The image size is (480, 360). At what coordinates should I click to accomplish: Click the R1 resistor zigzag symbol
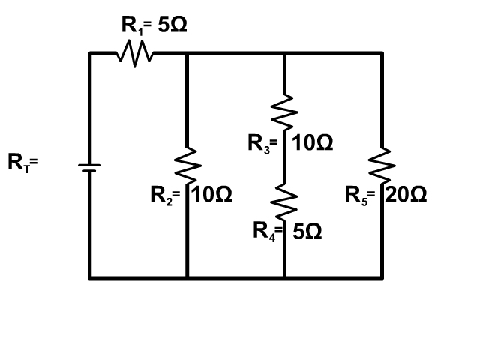135,53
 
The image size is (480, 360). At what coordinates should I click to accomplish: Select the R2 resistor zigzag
187,166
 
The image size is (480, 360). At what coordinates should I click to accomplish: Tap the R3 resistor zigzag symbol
284,112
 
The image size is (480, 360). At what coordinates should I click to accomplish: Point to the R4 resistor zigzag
284,202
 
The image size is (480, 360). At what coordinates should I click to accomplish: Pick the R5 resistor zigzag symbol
382,166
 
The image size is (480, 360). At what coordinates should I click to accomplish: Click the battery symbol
89,168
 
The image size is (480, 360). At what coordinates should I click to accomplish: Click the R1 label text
132,25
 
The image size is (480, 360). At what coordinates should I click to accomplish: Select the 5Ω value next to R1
172,25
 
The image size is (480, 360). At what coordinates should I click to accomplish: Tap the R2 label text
162,196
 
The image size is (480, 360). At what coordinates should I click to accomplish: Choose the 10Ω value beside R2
211,195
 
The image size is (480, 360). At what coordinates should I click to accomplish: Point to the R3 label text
259,144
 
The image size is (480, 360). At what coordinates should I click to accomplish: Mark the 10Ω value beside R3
313,142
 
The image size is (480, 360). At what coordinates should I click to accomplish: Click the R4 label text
264,232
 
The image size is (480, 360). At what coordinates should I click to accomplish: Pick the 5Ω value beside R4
307,232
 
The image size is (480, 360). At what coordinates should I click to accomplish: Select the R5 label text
356,196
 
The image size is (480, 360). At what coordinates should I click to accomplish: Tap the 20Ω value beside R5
406,195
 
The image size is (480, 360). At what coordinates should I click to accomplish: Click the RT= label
22,163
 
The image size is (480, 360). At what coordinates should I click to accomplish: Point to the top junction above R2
187,53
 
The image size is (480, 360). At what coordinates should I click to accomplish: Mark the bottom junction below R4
284,277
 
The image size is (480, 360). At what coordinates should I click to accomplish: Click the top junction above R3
284,53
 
